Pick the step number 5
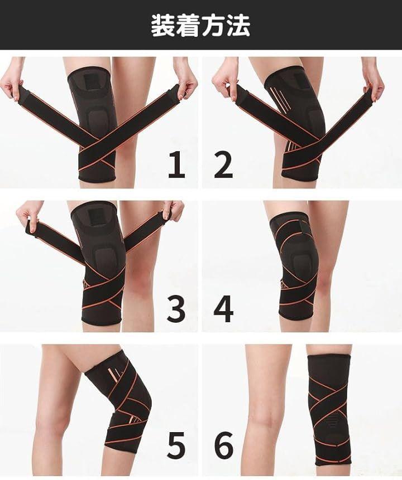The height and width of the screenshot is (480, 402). (x=176, y=444)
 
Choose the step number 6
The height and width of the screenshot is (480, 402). (x=224, y=444)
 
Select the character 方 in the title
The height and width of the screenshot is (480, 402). (x=213, y=26)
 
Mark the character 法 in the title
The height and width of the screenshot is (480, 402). (x=238, y=26)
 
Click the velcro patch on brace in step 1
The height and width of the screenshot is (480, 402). (x=95, y=83)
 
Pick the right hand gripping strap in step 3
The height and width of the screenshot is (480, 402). (x=173, y=211)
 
